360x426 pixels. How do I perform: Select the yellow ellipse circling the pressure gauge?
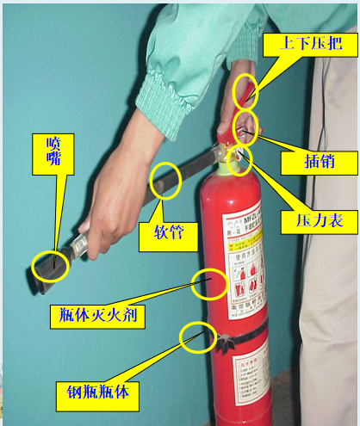[240, 157]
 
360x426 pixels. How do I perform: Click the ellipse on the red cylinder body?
[210, 282]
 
